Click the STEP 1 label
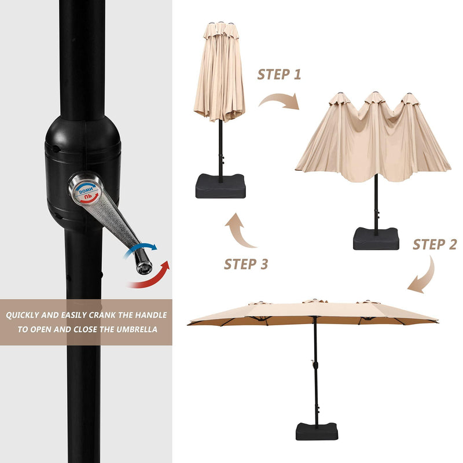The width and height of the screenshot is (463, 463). pyautogui.click(x=279, y=75)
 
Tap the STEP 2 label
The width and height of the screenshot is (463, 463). pyautogui.click(x=435, y=244)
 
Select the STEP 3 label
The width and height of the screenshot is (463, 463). pyautogui.click(x=246, y=264)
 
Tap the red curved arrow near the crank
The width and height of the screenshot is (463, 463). pyautogui.click(x=149, y=276)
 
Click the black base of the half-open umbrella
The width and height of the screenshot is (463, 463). pyautogui.click(x=376, y=239)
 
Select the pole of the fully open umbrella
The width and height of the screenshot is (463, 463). pyautogui.click(x=315, y=370)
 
